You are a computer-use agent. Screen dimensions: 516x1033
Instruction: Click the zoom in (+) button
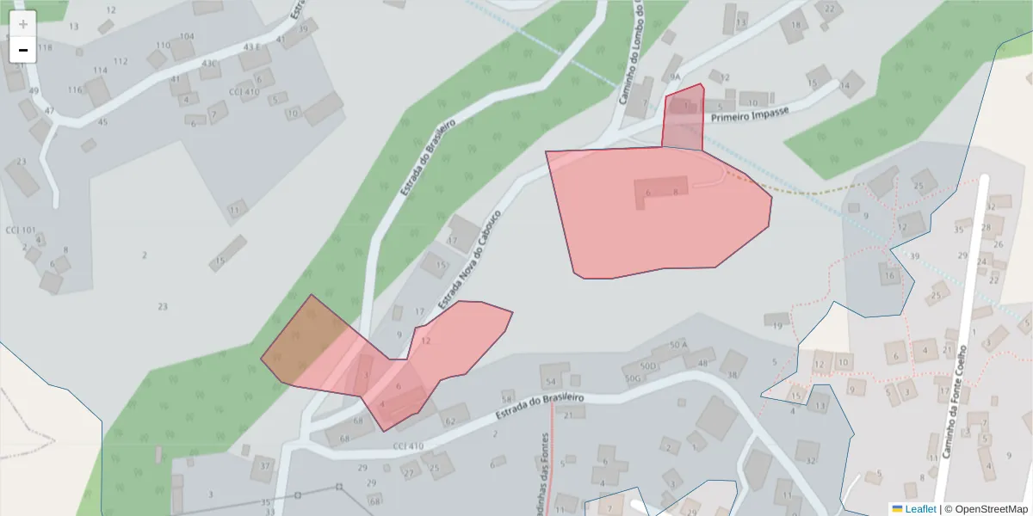click(x=23, y=24)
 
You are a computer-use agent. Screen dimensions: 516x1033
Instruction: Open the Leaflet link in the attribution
click(x=920, y=509)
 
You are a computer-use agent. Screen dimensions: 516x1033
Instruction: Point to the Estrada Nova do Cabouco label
click(x=469, y=260)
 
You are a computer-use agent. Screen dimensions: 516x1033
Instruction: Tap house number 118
click(x=45, y=47)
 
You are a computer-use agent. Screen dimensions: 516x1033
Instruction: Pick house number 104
click(x=187, y=37)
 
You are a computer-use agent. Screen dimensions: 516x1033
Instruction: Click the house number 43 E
click(x=251, y=46)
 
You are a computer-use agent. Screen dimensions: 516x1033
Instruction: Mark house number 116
click(x=75, y=89)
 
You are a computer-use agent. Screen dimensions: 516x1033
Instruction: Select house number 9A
click(x=675, y=77)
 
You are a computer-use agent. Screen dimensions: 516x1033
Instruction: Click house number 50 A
click(x=678, y=345)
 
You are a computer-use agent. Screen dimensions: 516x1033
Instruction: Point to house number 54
click(x=549, y=380)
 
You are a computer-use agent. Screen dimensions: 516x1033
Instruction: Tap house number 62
click(x=449, y=421)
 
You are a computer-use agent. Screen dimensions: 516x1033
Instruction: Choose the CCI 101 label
click(x=21, y=230)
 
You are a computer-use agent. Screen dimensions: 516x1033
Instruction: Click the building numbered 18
click(x=795, y=25)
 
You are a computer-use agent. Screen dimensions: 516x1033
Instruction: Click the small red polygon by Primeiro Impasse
click(x=683, y=118)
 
